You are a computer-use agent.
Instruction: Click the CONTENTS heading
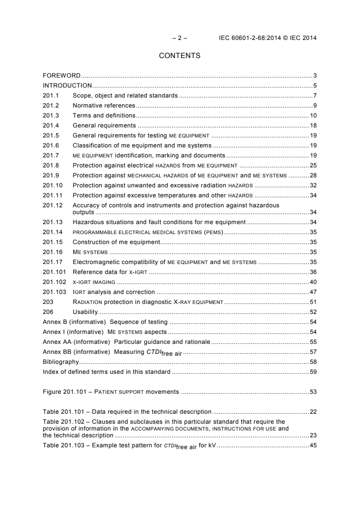180,56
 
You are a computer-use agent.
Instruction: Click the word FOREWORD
62,75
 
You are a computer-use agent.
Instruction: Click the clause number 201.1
50,95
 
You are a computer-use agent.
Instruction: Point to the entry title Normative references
104,105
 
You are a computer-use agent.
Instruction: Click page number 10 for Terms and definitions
313,115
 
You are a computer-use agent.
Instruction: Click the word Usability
85,312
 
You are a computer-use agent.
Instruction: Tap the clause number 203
48,302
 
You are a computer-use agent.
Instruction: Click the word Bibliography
61,362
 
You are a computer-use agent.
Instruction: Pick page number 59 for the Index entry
313,372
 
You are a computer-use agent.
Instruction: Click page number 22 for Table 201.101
313,411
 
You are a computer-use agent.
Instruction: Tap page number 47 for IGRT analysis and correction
313,292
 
